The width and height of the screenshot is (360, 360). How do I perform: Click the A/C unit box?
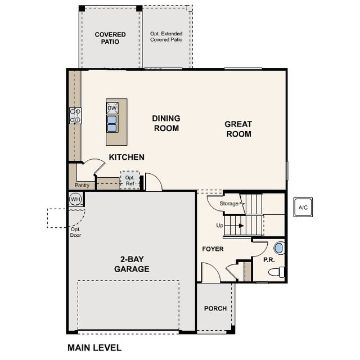tap(303, 208)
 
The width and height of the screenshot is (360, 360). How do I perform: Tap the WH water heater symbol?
tap(75, 199)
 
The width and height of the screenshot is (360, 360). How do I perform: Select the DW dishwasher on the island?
tap(112, 108)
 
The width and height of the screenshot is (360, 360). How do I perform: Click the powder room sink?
tap(278, 247)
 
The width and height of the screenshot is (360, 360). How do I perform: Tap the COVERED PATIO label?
tap(110, 38)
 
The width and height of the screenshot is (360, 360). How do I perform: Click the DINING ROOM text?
tap(166, 123)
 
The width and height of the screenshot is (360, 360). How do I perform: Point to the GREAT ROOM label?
tap(238, 129)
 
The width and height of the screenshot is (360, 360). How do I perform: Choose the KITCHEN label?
tap(127, 157)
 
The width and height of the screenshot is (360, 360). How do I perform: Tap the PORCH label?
tap(215, 308)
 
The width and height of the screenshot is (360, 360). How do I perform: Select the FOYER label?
tap(213, 249)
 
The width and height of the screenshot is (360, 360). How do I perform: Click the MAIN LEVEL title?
tap(94, 348)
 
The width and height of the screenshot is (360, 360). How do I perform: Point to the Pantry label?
tap(82, 185)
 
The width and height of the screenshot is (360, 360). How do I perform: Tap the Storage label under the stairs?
tap(229, 204)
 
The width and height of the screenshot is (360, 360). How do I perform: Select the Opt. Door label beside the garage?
tap(75, 232)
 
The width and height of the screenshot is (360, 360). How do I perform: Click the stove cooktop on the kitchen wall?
tap(75, 116)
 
